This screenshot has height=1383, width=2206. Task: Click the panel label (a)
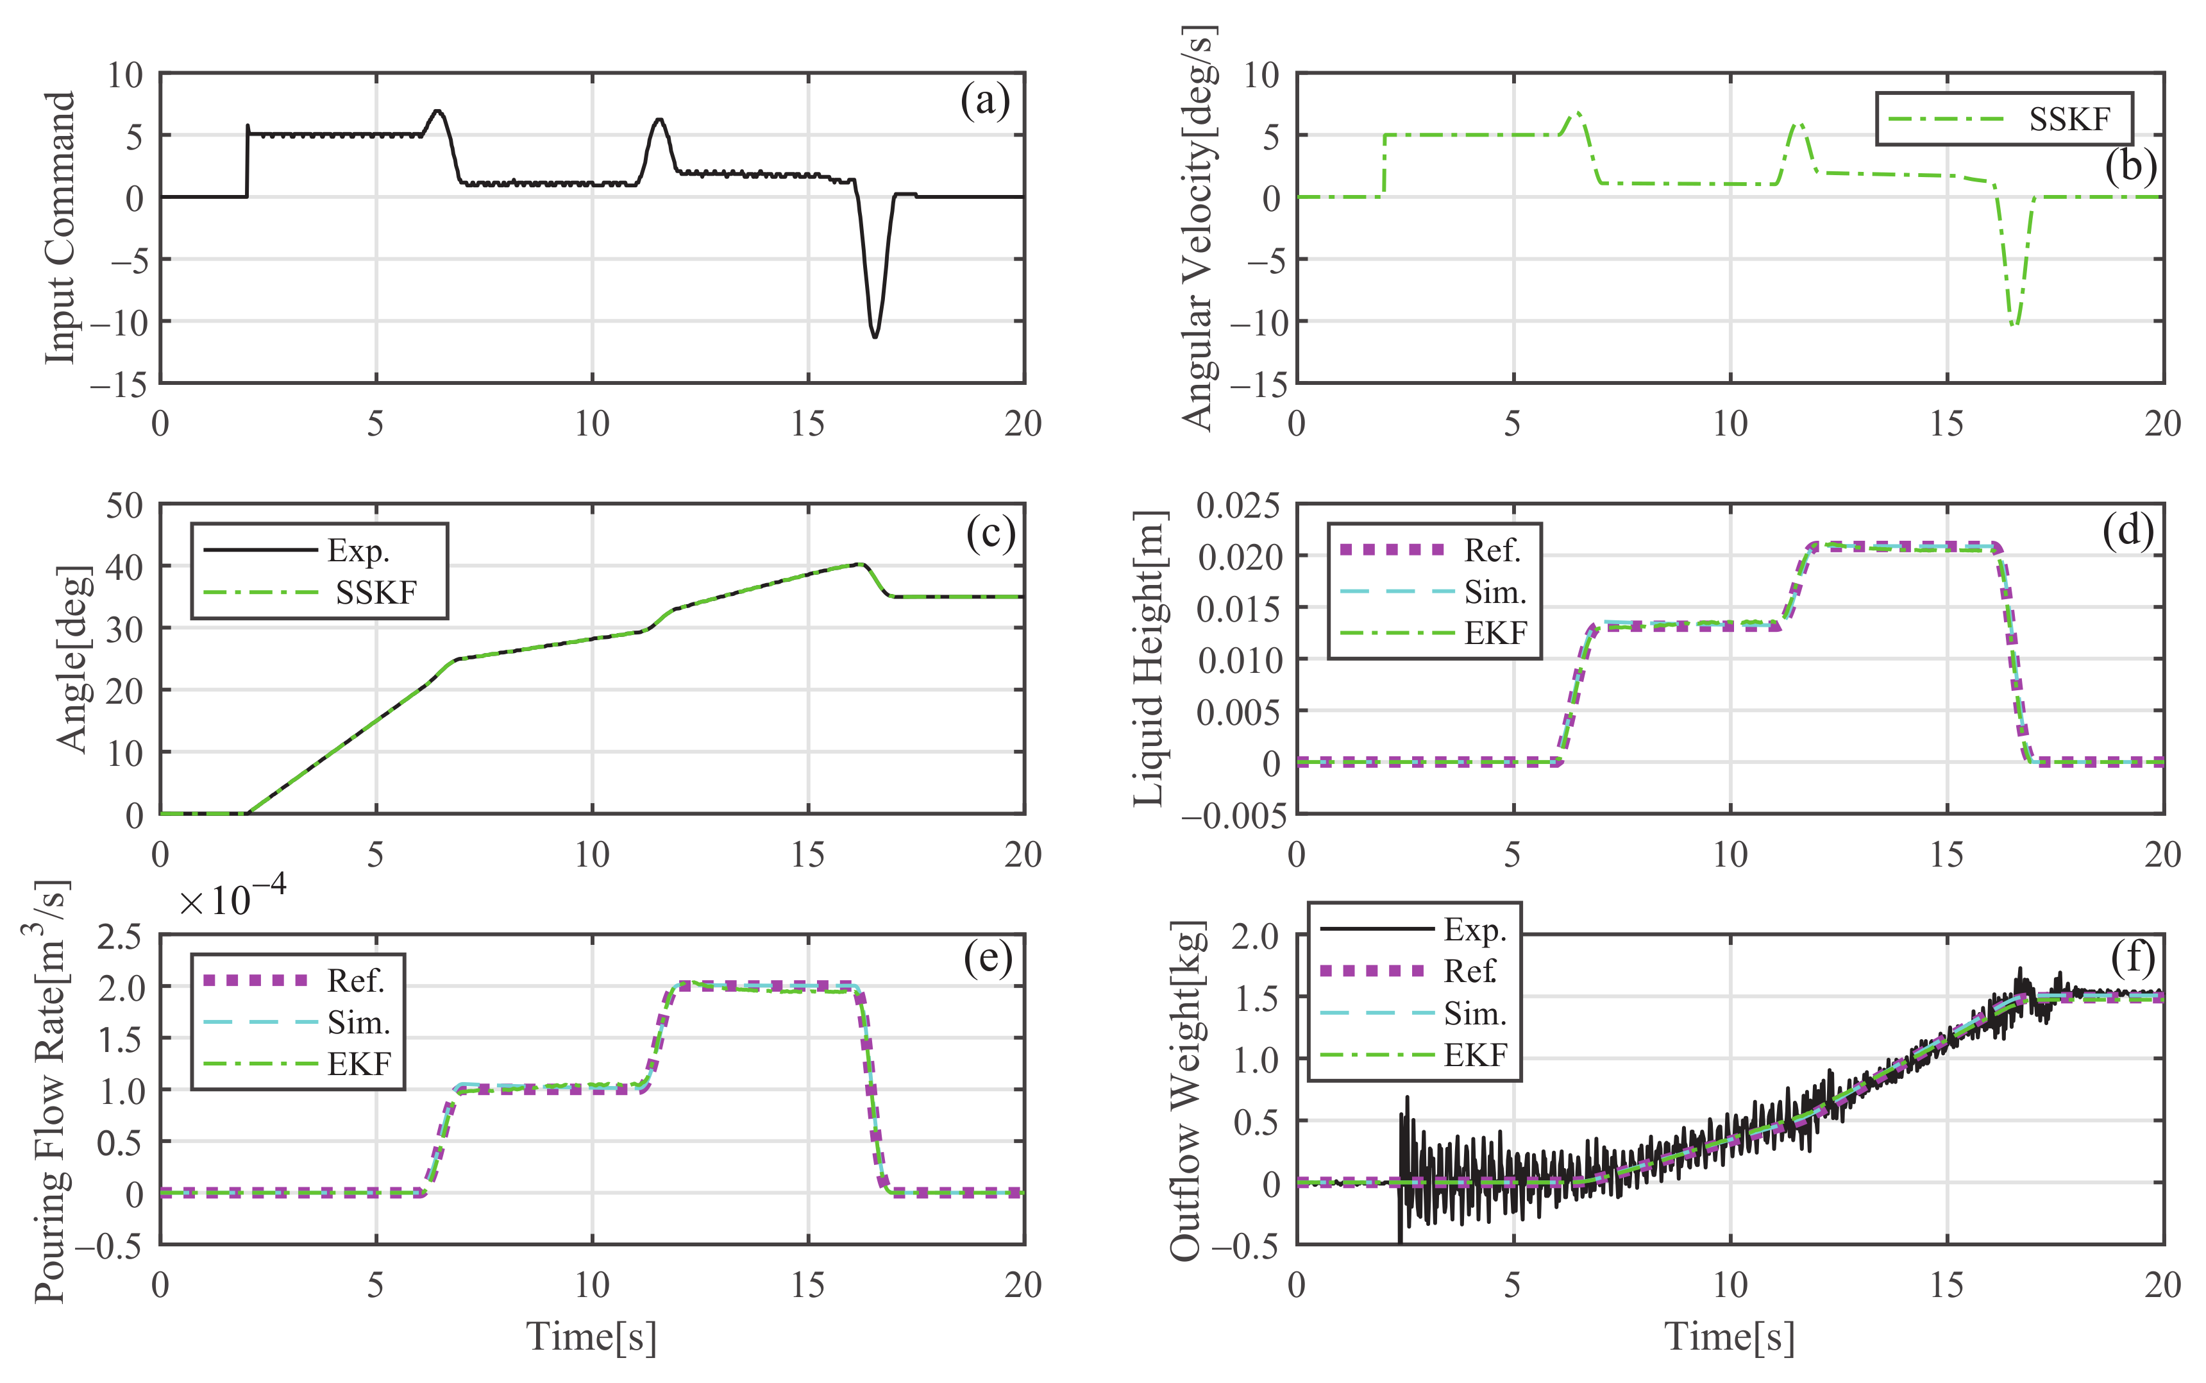(984, 101)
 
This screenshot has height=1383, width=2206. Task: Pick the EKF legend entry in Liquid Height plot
(1495, 633)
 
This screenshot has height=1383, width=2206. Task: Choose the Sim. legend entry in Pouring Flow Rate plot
(358, 1022)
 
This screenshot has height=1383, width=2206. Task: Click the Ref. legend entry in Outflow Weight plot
(1469, 971)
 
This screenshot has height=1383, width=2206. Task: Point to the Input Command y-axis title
(60, 227)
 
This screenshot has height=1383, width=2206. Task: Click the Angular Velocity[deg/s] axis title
(1199, 227)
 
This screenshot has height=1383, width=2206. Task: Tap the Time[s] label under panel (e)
(591, 1336)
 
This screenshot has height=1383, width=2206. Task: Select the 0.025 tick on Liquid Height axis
(1238, 505)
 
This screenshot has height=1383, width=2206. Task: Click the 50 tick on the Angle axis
(124, 505)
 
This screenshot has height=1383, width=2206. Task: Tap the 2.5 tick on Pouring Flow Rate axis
(121, 937)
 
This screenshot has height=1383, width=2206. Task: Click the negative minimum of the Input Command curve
(875, 337)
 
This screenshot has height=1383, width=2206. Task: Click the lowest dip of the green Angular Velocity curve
(2014, 325)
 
